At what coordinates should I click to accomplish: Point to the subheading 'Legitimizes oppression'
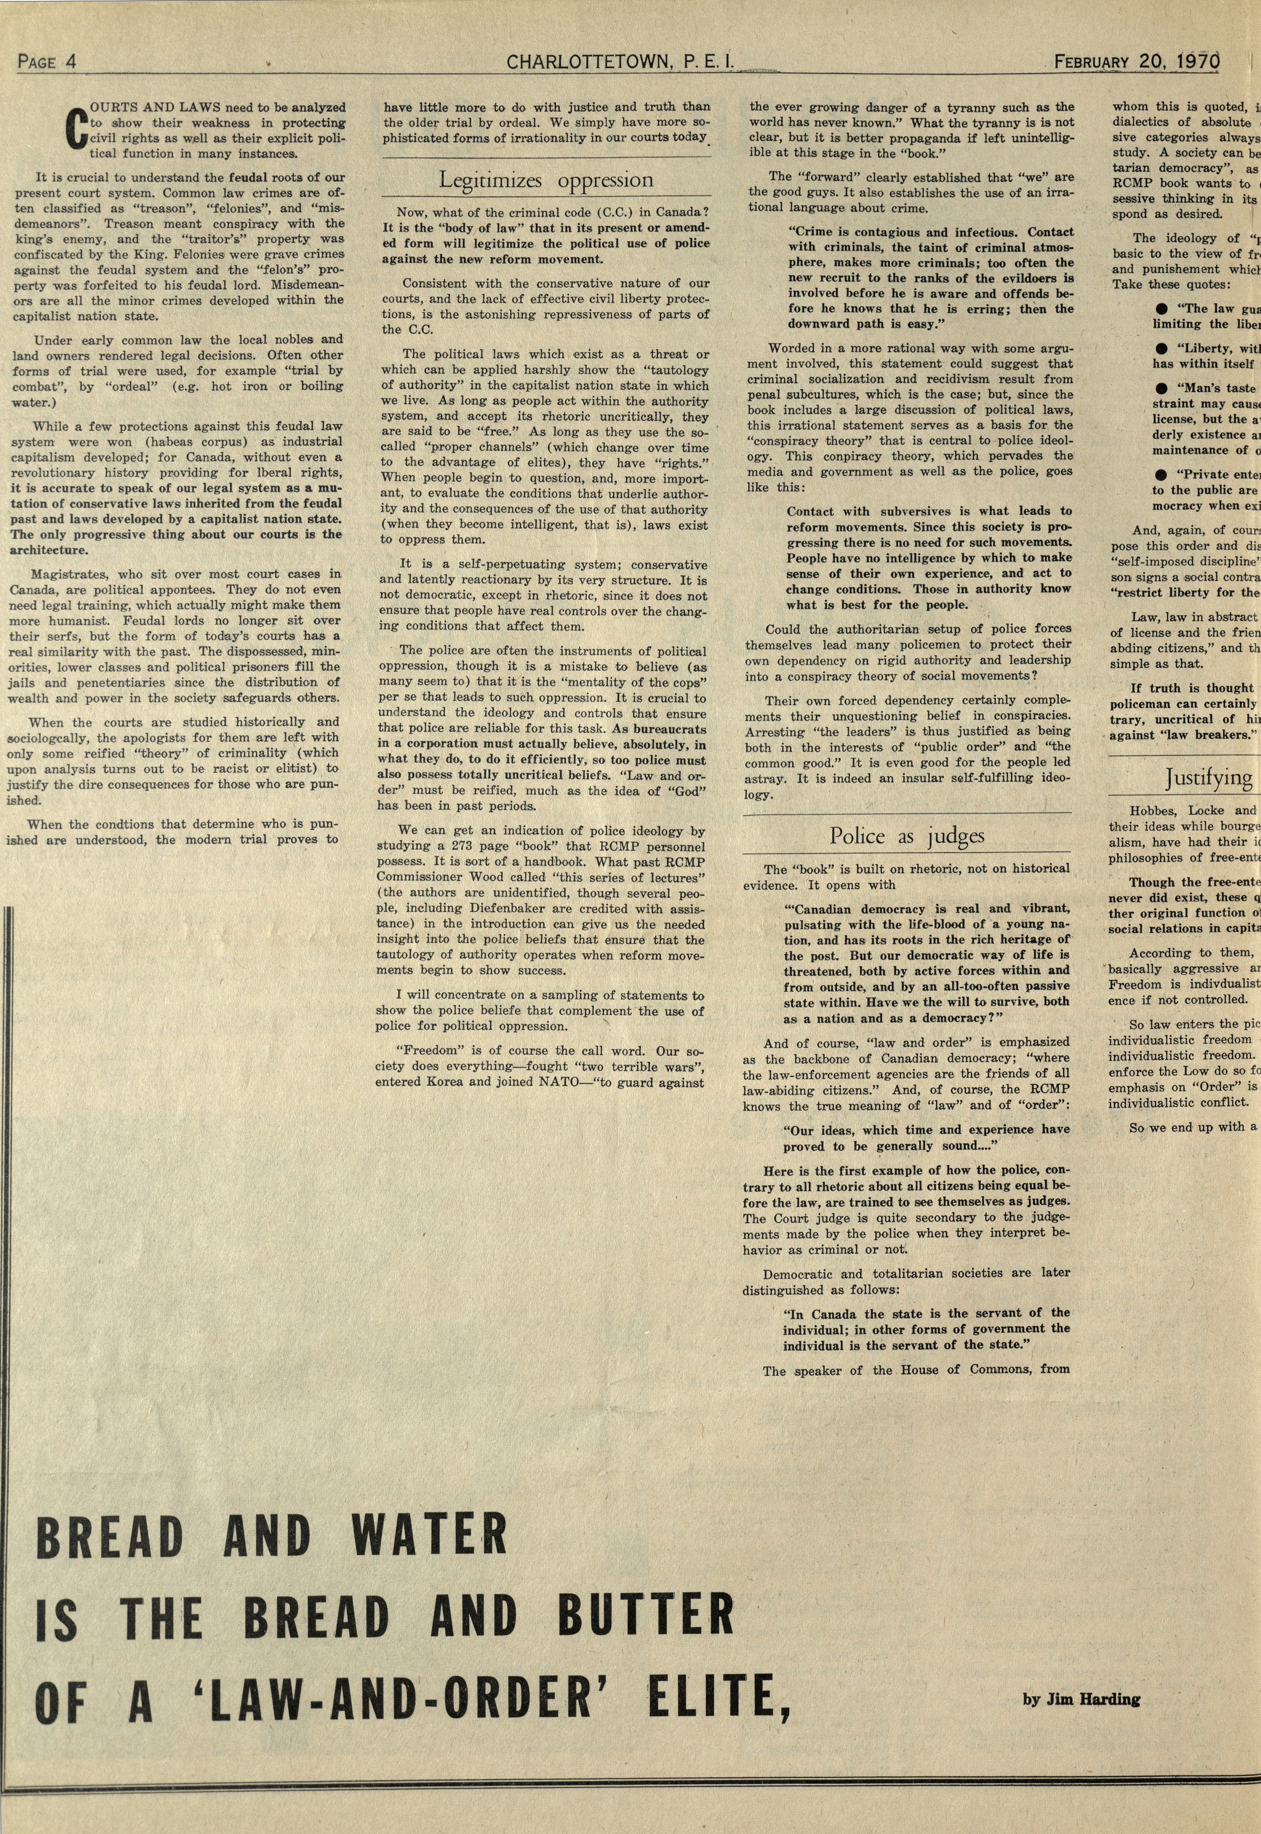point(546,180)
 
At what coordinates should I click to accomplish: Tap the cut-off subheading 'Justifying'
point(1209,778)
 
